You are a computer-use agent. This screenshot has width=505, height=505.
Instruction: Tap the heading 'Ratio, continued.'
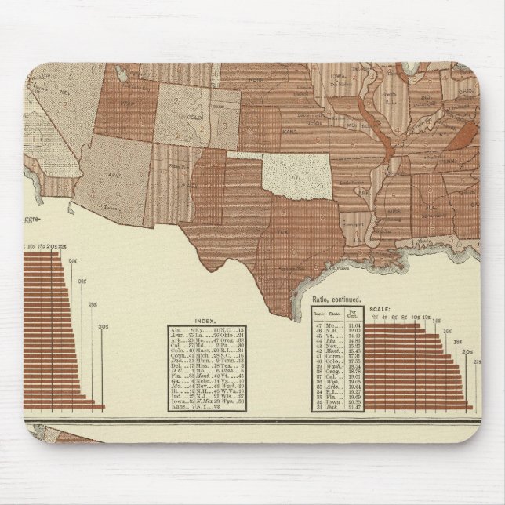[x=335, y=300]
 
